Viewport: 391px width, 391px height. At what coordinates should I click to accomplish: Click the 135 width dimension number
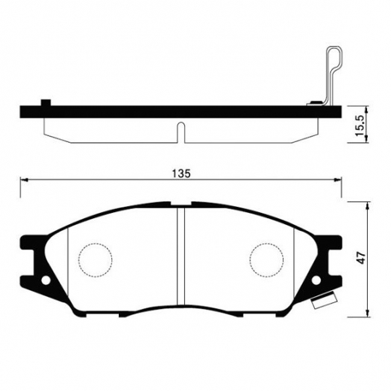(180, 173)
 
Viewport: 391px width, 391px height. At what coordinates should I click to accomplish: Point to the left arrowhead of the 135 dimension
(23, 180)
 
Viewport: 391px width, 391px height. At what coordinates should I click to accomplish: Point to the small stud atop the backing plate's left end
(47, 102)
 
